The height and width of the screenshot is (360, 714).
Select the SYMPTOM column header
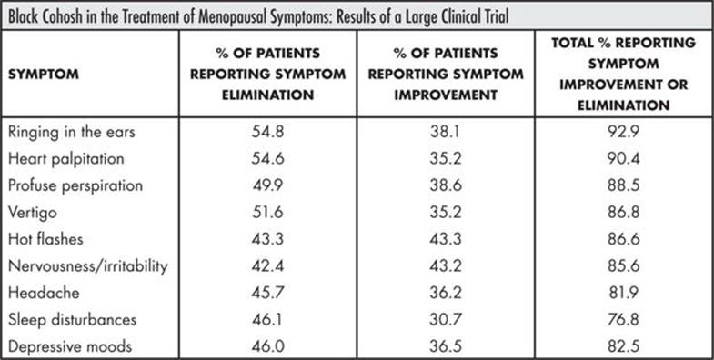pyautogui.click(x=44, y=75)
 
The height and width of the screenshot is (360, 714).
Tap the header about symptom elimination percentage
pyautogui.click(x=267, y=75)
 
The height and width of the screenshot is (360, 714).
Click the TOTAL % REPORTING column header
pyautogui.click(x=623, y=75)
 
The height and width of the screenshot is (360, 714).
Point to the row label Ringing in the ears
pyautogui.click(x=72, y=133)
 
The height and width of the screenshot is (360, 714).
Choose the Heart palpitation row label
pyautogui.click(x=66, y=159)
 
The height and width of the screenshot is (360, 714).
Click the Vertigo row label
pyautogui.click(x=33, y=213)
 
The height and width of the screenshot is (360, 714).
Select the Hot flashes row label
pyautogui.click(x=45, y=239)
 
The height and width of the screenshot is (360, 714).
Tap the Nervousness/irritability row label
pyautogui.click(x=88, y=265)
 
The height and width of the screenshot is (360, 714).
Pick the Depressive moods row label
pyautogui.click(x=70, y=346)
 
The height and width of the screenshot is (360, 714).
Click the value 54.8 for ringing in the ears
pyautogui.click(x=267, y=132)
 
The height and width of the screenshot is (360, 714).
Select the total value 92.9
pyautogui.click(x=624, y=132)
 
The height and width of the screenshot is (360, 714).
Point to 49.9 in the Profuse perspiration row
pyautogui.click(x=267, y=185)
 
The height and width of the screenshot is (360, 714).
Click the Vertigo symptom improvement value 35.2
pyautogui.click(x=446, y=213)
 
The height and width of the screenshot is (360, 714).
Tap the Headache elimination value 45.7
pyautogui.click(x=267, y=293)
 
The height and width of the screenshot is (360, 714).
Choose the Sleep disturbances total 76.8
pyautogui.click(x=624, y=319)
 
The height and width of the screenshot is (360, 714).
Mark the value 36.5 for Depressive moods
pyautogui.click(x=446, y=346)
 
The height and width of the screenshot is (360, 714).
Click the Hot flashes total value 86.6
pyautogui.click(x=624, y=239)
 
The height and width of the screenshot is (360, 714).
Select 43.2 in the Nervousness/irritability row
pyautogui.click(x=446, y=265)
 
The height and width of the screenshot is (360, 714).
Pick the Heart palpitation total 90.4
pyautogui.click(x=624, y=159)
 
